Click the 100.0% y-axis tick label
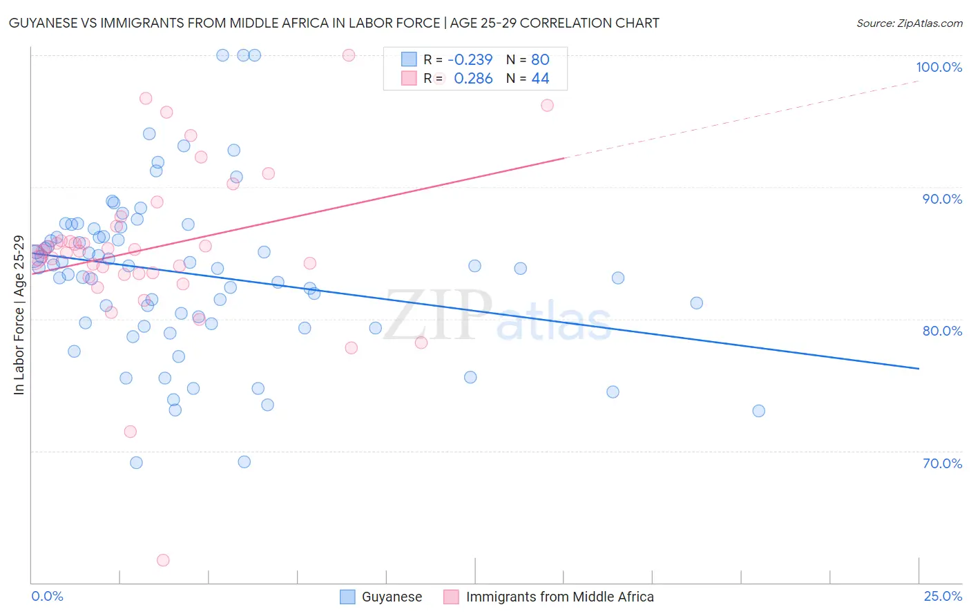[939, 67]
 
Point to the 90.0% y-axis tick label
[942, 199]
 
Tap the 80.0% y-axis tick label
[942, 331]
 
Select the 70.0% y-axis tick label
[942, 463]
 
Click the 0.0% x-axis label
[47, 596]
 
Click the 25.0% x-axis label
[943, 596]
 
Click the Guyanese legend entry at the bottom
[391, 597]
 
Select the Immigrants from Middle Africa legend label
[559, 597]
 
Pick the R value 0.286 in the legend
[473, 79]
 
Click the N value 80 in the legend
[540, 59]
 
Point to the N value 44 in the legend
[540, 79]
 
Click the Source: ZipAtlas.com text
[909, 23]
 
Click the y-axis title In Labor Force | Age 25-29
[19, 315]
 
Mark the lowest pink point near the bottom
[163, 560]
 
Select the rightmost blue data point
[758, 411]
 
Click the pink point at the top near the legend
[349, 55]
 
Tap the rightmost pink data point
[547, 106]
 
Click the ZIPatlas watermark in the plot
[497, 316]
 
